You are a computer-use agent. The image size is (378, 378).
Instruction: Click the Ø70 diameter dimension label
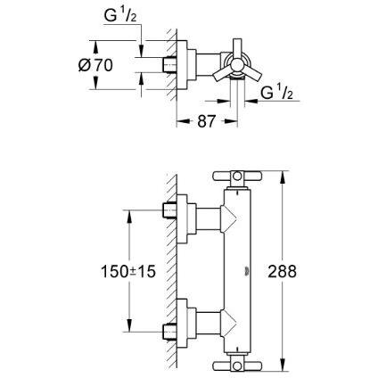point(95,65)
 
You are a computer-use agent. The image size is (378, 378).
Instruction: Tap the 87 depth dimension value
point(206,121)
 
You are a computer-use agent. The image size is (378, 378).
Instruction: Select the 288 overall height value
point(282,271)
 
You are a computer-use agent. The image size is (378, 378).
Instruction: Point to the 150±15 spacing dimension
point(128,271)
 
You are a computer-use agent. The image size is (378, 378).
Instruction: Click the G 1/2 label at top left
point(120,16)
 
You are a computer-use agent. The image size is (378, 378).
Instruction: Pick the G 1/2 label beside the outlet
point(276,93)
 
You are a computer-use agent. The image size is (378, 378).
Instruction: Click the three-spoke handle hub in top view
point(238,65)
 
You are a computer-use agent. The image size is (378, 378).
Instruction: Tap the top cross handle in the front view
point(237,176)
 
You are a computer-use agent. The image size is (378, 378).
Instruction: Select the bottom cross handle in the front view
point(237,366)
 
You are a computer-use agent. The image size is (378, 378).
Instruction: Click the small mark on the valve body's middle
point(246,271)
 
